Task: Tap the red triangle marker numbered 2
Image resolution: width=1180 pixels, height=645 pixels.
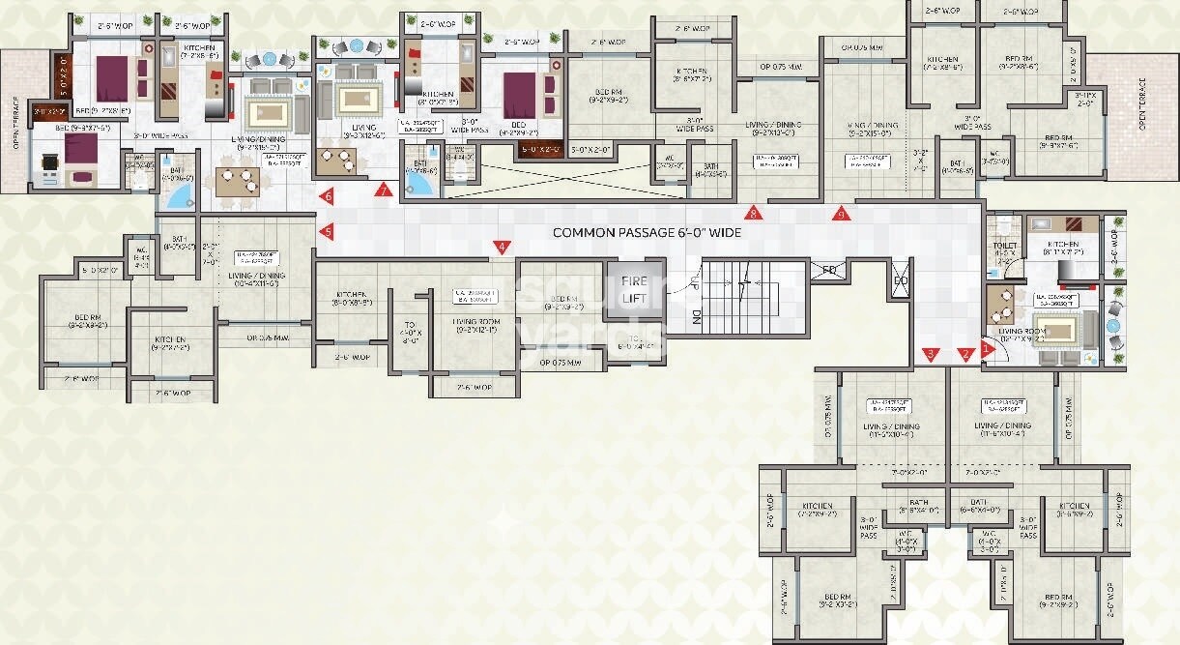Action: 964,354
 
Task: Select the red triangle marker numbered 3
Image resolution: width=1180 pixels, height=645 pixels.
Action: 931,354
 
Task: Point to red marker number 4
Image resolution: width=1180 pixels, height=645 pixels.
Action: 501,248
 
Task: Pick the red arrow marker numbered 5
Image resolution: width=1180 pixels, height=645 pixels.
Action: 328,231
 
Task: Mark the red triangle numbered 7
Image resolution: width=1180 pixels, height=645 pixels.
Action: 386,191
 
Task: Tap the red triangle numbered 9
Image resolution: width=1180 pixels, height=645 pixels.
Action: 841,214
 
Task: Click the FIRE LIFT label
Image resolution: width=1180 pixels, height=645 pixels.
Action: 635,289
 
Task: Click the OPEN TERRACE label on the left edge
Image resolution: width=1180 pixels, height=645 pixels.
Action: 16,126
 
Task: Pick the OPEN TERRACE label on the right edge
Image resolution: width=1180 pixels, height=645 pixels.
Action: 1141,104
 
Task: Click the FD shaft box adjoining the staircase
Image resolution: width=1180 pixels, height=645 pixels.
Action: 829,270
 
